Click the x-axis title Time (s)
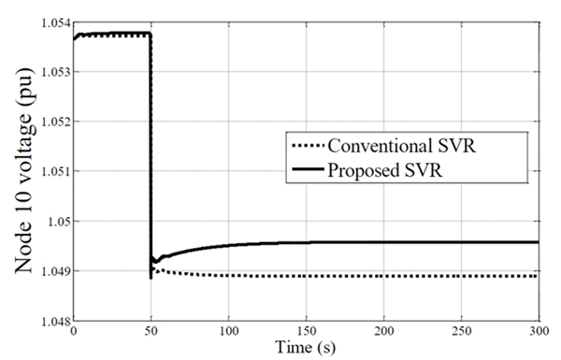point(306,348)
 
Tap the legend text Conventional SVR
point(402,147)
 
